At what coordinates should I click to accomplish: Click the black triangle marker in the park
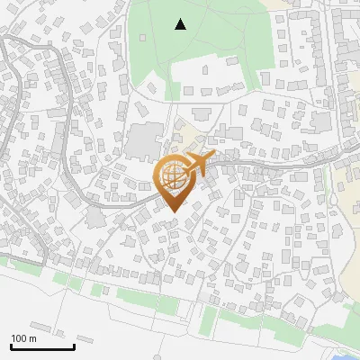click(180, 24)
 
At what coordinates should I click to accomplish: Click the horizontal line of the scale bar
click(42, 346)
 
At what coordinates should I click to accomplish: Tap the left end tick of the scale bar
click(11, 345)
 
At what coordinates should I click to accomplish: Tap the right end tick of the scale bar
click(74, 345)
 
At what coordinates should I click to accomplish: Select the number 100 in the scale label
click(19, 338)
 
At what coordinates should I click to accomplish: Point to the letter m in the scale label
click(32, 338)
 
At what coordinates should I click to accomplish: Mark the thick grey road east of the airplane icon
click(270, 166)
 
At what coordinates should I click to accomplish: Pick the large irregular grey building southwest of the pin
click(94, 218)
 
